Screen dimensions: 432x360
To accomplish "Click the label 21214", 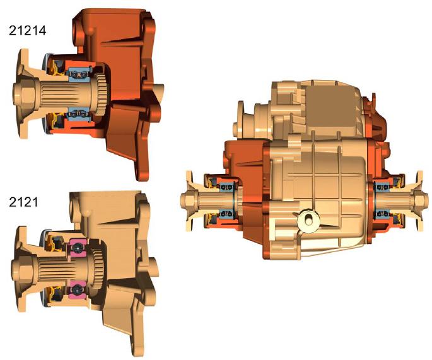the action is (x=28, y=30).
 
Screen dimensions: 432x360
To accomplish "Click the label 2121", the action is (x=23, y=202).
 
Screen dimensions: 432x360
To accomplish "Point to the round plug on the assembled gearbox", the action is (x=308, y=220).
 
